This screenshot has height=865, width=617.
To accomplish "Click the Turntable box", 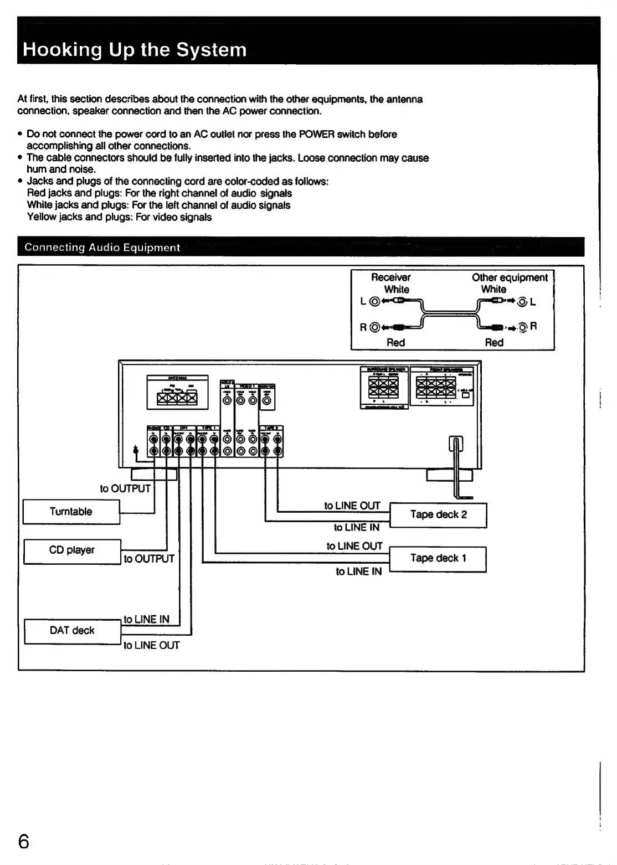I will point(71,512).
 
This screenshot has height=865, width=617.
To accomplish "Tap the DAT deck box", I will point(72,631).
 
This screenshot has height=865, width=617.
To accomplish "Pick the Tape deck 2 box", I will point(438,514).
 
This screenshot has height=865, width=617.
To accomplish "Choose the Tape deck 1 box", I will point(438,558).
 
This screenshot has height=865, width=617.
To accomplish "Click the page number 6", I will point(23,842).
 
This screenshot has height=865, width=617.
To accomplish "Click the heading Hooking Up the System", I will point(135,50).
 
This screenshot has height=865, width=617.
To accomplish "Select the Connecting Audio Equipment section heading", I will point(102,248).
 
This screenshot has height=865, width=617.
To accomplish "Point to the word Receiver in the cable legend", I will point(391,277).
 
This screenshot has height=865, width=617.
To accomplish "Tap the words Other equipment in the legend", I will point(510,277).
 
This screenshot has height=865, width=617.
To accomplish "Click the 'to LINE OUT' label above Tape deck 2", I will point(352,506).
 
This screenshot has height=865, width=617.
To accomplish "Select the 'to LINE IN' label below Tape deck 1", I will point(358,571).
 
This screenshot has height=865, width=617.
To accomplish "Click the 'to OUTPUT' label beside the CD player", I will point(149,559).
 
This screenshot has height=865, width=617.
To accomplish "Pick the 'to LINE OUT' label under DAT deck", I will point(151,645).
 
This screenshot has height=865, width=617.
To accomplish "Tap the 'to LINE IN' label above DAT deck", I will point(146,619).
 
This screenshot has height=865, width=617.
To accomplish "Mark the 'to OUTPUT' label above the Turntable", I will point(125,488).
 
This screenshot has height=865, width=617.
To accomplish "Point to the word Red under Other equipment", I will point(494,342).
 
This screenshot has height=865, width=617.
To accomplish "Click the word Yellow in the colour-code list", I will point(42,217).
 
